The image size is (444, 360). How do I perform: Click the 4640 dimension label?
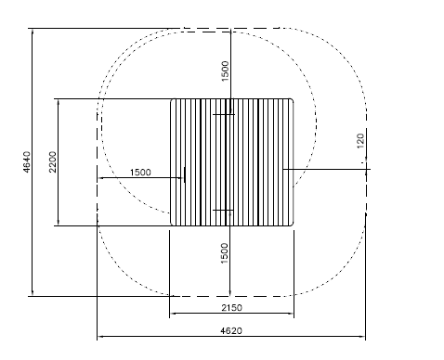tap(27, 161)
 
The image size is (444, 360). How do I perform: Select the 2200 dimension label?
tap(53, 161)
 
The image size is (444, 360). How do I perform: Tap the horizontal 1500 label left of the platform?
tap(140, 173)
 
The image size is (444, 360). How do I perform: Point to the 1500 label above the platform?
tap(225, 71)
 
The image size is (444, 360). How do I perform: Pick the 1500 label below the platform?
tap(225, 253)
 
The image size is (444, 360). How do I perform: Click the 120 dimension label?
tap(360, 141)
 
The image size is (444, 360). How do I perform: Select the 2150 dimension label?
tap(231, 308)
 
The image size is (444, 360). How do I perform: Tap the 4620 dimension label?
tap(231, 330)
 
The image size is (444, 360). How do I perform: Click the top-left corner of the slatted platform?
tap(171, 99)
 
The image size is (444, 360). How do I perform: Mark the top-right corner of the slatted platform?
tap(294, 99)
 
